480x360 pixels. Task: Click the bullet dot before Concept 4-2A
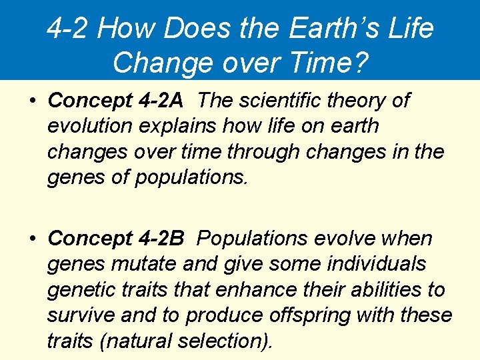pos(32,101)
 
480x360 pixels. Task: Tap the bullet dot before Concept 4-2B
pos(32,239)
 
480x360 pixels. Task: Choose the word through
pos(261,151)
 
